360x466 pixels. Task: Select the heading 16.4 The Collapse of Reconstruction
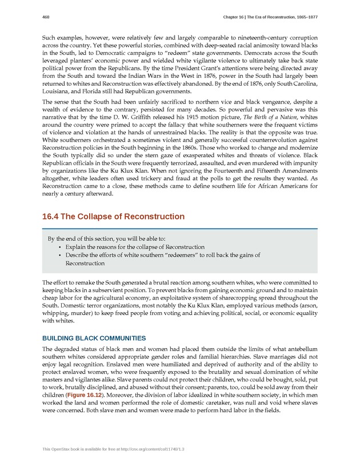113,217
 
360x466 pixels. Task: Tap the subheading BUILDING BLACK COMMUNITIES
94,338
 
